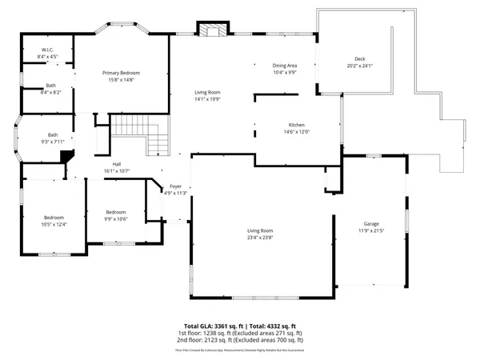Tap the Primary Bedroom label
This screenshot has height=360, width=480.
point(122,73)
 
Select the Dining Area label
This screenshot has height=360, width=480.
point(285,66)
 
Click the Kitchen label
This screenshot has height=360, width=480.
point(297,126)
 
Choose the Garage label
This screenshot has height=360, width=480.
point(371,224)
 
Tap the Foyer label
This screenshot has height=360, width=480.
point(175,186)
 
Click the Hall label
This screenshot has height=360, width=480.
point(117,165)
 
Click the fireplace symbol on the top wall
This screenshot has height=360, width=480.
point(214,31)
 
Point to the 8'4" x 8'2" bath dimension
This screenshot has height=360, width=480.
point(50,92)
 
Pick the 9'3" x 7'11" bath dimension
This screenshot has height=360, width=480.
point(53,142)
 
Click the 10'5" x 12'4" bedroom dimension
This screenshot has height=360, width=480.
point(54,224)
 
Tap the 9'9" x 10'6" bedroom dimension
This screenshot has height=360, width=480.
point(116,219)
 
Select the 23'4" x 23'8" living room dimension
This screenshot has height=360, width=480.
point(260,237)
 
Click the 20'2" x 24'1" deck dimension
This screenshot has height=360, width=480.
point(361,66)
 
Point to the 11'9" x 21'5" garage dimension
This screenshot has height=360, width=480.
point(371,230)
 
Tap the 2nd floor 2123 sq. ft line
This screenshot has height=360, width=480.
point(239,341)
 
